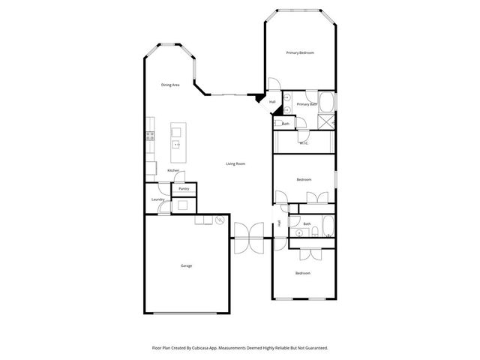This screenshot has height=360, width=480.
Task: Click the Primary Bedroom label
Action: [x=299, y=52]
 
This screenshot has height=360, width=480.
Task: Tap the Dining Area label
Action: [x=170, y=85]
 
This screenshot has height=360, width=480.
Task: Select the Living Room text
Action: [x=236, y=163]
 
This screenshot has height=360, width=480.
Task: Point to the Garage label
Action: [x=186, y=266]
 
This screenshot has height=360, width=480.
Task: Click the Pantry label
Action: [x=184, y=188]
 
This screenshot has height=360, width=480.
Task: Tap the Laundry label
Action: [x=157, y=199]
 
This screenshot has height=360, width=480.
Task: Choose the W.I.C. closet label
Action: [x=304, y=142]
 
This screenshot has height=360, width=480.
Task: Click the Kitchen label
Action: [x=173, y=171]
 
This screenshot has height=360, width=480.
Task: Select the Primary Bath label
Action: [x=307, y=104]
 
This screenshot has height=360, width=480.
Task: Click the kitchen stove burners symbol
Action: [x=150, y=136]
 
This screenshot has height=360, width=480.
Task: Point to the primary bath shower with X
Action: [x=327, y=122]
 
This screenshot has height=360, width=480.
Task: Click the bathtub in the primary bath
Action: [x=327, y=102]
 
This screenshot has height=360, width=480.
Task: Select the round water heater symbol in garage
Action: [x=220, y=220]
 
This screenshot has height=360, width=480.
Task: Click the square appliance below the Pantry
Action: [x=183, y=205]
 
